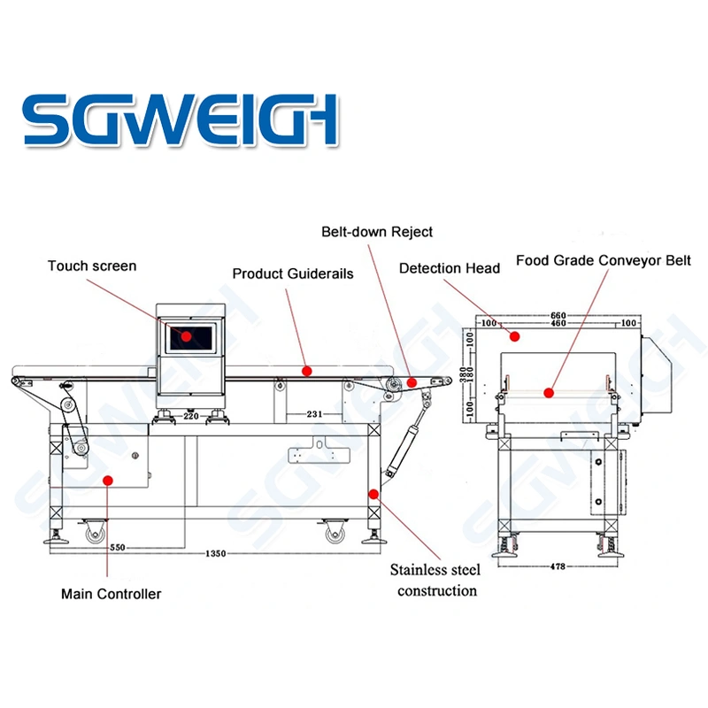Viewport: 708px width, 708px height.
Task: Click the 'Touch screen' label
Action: click(92, 265)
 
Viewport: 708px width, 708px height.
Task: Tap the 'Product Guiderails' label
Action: click(293, 273)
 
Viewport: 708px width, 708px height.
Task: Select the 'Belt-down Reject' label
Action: click(377, 232)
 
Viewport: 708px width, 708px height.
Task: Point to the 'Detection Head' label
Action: click(450, 267)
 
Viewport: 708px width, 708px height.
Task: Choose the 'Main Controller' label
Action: click(111, 594)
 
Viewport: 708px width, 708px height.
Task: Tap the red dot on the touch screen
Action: click(187, 335)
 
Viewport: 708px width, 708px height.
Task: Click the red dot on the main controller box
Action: click(108, 480)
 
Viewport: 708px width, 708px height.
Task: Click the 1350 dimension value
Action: click(215, 554)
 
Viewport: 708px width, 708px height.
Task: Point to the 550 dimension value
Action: click(117, 548)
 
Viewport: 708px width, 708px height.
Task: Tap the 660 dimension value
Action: click(558, 315)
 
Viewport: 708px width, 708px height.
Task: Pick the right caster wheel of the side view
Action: click(335, 533)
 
